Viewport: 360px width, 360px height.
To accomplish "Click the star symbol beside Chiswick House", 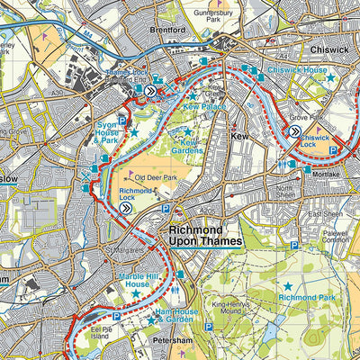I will [330, 78].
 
